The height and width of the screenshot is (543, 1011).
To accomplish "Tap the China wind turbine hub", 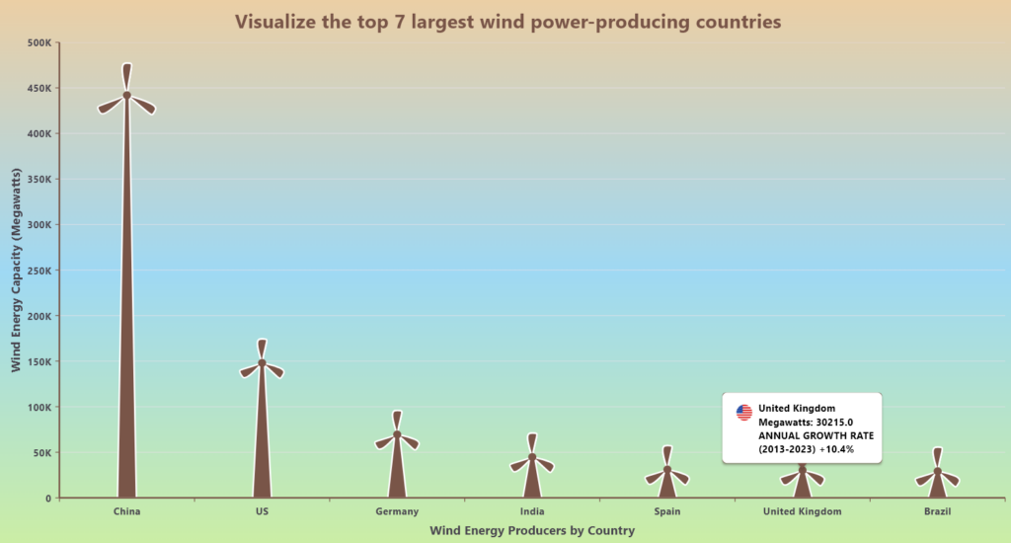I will point(126,96).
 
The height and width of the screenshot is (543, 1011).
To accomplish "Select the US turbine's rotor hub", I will point(262,363).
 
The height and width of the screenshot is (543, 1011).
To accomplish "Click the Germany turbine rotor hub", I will point(397,434).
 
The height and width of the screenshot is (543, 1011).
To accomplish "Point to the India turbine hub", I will point(532,456).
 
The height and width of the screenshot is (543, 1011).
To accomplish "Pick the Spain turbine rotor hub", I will point(667,470).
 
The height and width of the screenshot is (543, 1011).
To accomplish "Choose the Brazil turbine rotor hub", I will point(937,471).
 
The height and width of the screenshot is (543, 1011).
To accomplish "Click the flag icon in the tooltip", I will point(744,413).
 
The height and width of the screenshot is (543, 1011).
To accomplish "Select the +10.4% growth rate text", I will point(833,449).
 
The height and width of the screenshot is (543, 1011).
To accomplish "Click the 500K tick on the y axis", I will point(40,42).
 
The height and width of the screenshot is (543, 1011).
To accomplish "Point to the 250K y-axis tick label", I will point(40,271).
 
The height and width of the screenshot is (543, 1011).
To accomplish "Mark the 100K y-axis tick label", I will point(40,407).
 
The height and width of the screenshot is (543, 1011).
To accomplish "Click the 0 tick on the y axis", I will point(47,499).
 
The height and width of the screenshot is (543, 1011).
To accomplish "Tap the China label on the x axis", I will point(126,511).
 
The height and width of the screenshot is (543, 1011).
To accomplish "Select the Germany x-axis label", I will point(397,511).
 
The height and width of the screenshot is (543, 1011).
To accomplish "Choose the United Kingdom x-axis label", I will point(803,511).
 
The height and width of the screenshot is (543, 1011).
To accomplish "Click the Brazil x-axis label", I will point(937,511).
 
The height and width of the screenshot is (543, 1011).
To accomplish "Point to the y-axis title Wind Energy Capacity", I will point(16,271).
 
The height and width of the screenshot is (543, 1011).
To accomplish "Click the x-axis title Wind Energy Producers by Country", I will point(532,531).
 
